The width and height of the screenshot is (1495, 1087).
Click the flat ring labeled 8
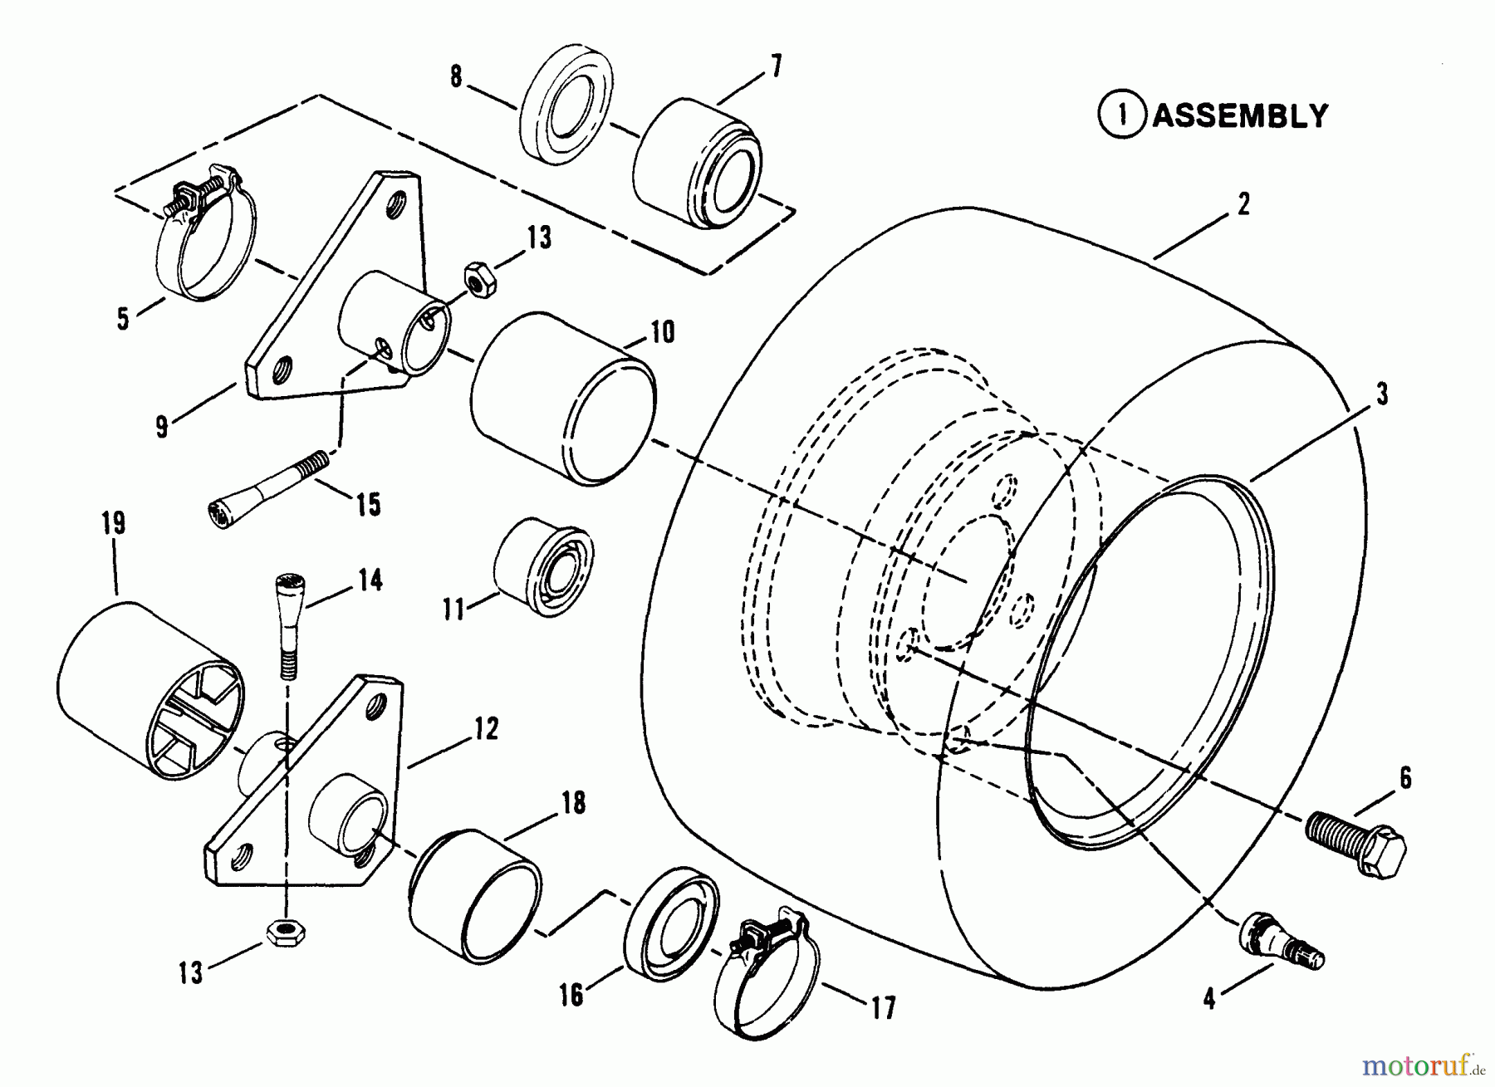coord(567,106)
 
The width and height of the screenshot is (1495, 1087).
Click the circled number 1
coord(1122,115)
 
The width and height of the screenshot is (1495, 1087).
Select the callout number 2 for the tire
coord(1243,203)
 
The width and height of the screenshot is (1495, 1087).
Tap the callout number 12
coord(487,729)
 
